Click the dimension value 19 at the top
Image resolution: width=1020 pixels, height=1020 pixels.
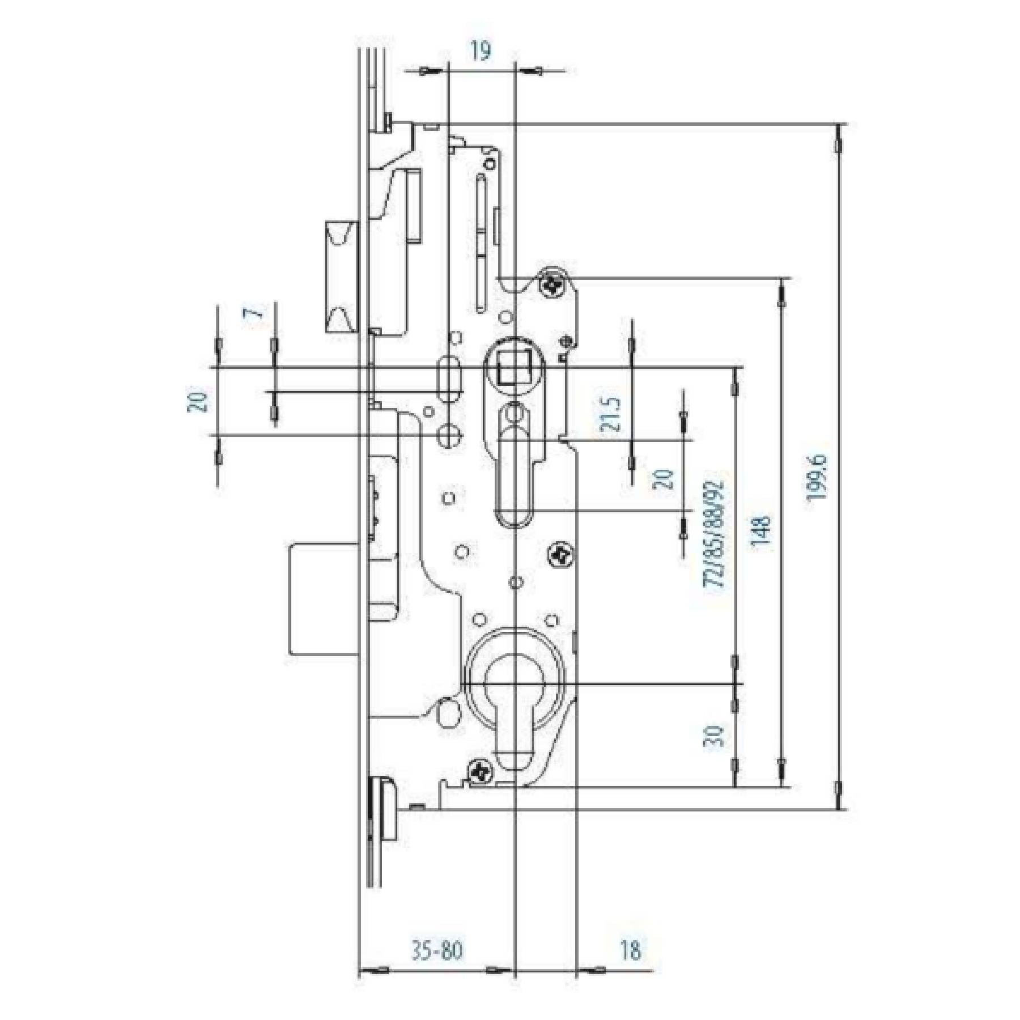coord(481,51)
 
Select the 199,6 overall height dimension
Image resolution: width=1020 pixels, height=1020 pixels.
coord(818,477)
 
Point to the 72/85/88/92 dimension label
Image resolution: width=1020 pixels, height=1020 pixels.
coord(713,534)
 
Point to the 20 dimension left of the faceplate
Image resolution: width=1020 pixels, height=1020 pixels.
coord(198,401)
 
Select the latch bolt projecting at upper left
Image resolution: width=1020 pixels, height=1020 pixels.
coord(342,276)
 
